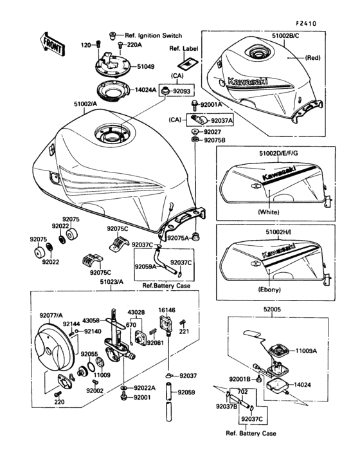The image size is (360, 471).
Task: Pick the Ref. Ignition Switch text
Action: [153, 35]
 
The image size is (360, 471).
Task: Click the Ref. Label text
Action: [184, 49]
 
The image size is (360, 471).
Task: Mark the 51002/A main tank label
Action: [85, 103]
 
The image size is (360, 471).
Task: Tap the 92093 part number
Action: [183, 92]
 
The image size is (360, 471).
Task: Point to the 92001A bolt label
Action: [211, 104]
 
